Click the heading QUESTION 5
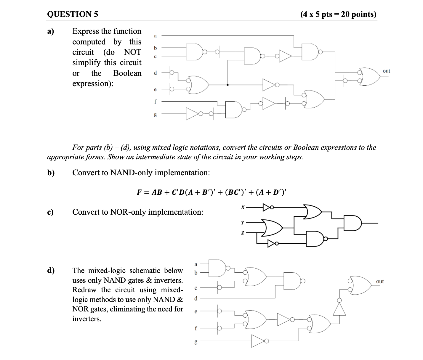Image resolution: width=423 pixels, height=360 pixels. tap(73, 14)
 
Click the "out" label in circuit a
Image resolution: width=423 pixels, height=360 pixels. tap(386, 71)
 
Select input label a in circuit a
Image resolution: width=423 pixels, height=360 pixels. tap(155, 36)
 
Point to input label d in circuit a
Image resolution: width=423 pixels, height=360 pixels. tap(155, 73)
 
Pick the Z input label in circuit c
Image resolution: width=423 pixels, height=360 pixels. tap(243, 233)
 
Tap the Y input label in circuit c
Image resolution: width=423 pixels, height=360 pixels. tap(243, 222)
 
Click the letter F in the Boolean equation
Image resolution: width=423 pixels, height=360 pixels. tap(139, 192)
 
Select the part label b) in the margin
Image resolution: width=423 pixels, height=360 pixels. tap(51, 173)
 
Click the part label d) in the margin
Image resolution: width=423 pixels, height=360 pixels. tap(51, 270)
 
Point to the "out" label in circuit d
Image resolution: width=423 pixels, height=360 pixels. tap(380, 281)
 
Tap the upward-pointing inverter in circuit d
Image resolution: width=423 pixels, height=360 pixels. tap(339, 309)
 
